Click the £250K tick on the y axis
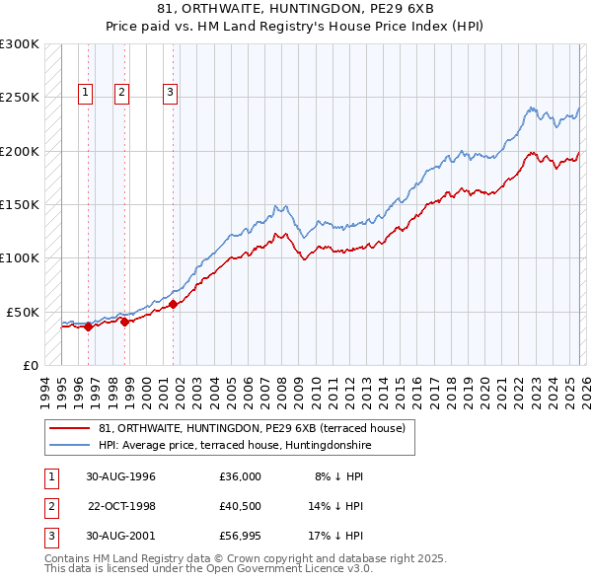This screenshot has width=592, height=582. [19, 98]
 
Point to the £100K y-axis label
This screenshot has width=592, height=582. [19, 257]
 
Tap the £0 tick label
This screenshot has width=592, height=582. [29, 365]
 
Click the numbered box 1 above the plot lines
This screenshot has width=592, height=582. [86, 94]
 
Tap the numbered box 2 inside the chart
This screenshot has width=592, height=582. [121, 94]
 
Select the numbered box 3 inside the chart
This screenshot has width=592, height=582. [170, 94]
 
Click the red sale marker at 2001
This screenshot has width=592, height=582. [174, 304]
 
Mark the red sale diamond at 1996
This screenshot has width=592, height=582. [89, 327]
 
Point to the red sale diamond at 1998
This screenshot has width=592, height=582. [125, 322]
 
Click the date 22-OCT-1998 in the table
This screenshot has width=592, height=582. [121, 506]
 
